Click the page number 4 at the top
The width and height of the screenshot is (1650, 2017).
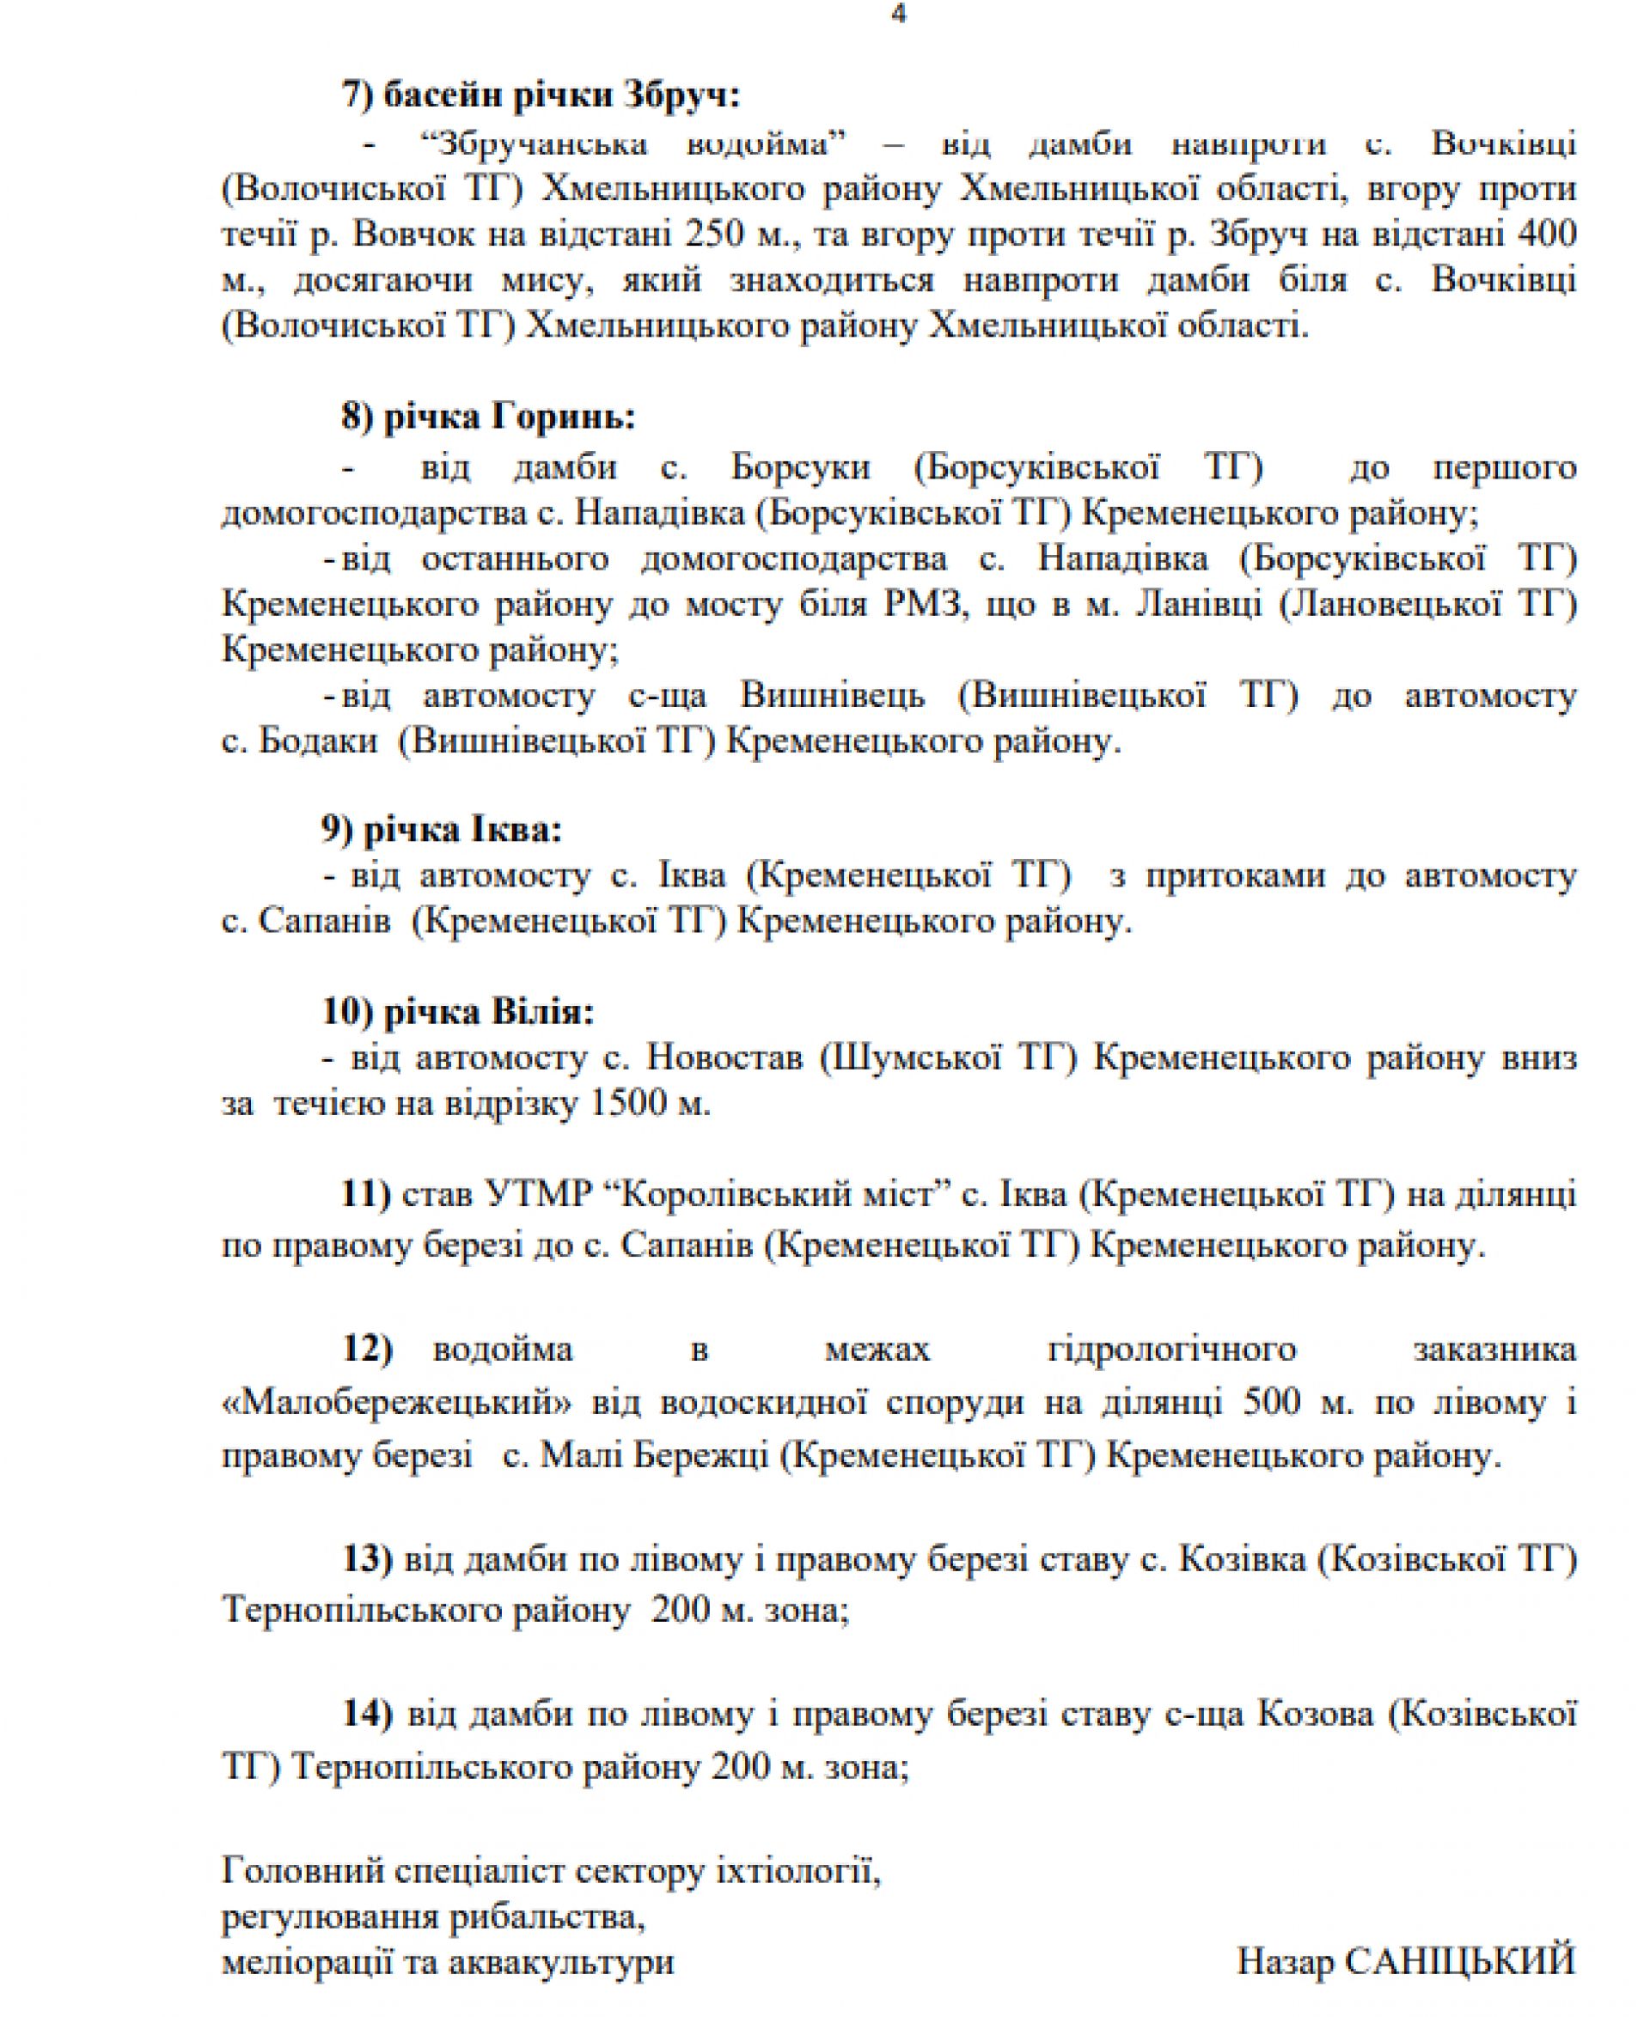point(898,15)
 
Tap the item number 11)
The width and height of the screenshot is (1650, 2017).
point(366,1196)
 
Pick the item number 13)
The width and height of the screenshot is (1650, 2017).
point(367,1559)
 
